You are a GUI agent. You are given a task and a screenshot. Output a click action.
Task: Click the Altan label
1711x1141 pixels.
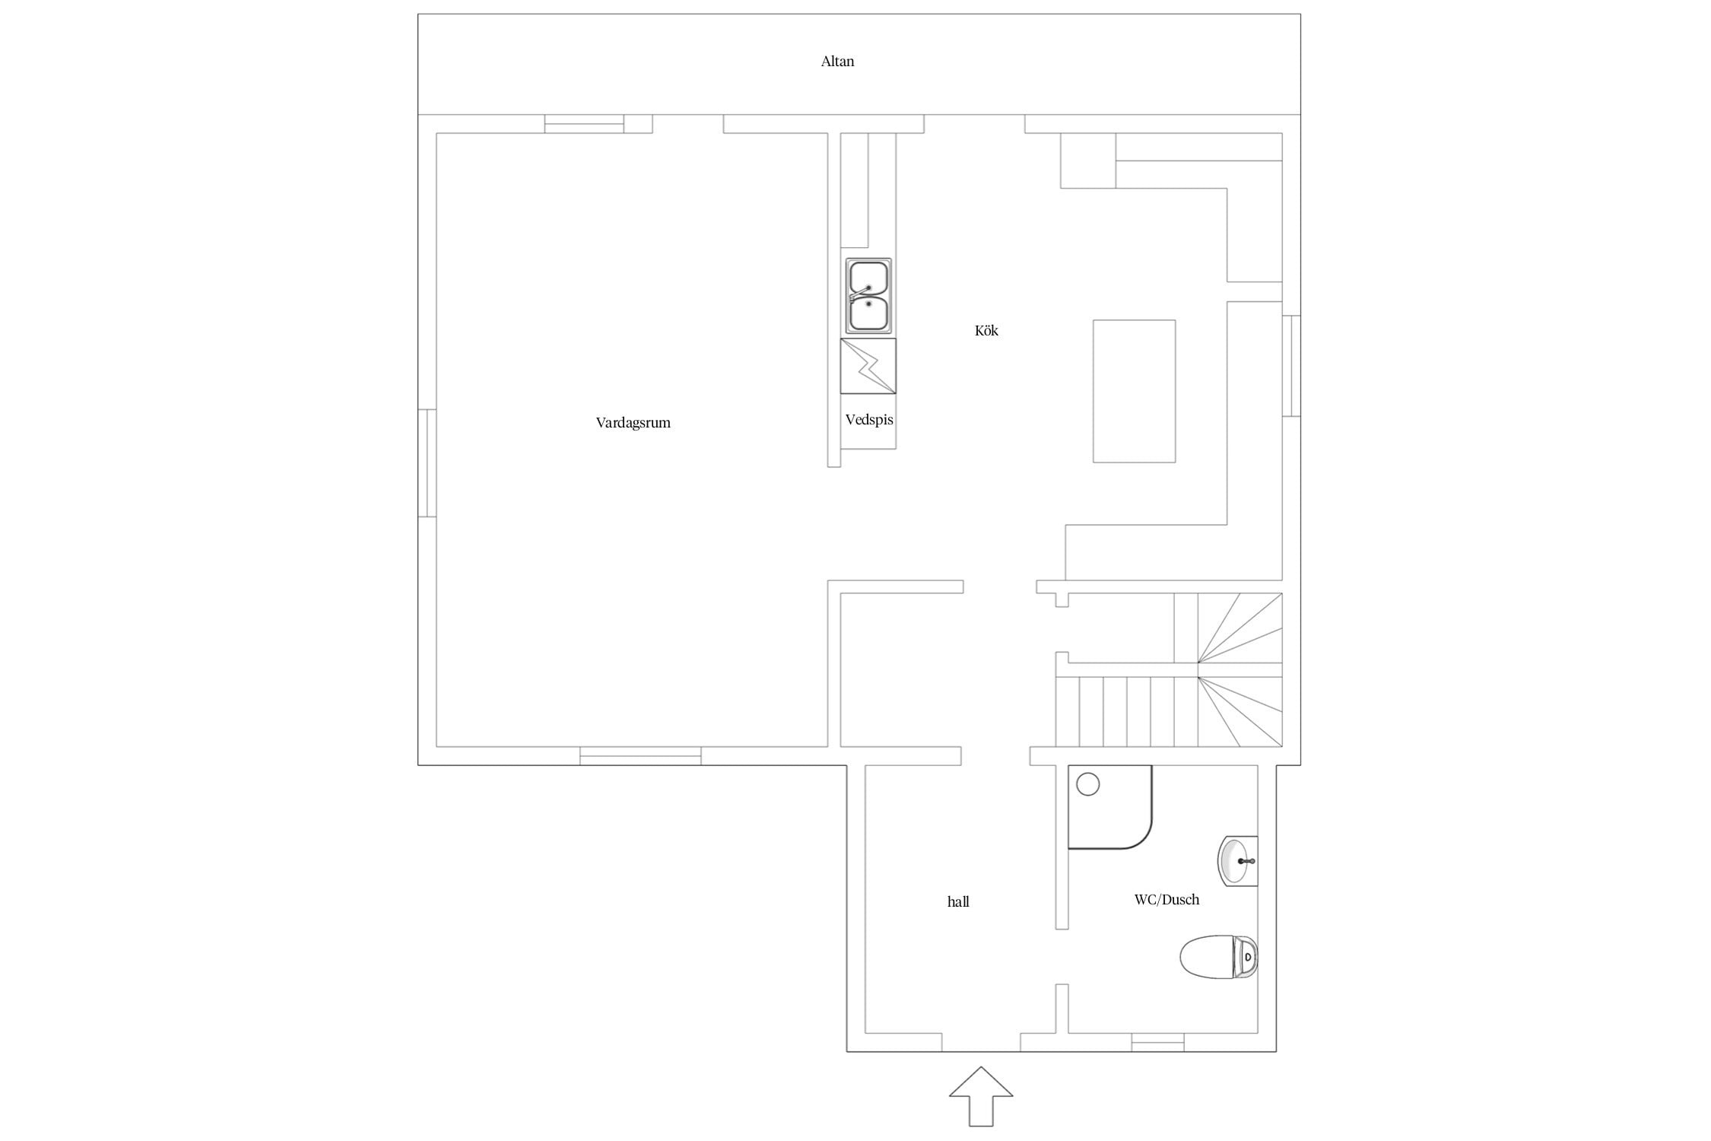click(837, 62)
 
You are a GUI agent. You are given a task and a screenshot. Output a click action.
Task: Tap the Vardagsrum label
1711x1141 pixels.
click(633, 423)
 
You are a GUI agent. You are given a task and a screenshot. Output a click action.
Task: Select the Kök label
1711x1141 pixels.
click(986, 330)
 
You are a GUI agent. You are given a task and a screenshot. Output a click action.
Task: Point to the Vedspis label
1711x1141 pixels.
click(869, 420)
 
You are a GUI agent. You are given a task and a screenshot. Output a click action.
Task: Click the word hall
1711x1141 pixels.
click(958, 901)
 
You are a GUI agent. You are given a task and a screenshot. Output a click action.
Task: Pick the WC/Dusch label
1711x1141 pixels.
click(1167, 900)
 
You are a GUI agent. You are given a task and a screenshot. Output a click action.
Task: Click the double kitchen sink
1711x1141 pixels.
click(868, 295)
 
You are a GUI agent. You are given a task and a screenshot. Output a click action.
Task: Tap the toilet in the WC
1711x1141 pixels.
click(1218, 956)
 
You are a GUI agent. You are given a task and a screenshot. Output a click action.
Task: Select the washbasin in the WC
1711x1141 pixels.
click(1238, 861)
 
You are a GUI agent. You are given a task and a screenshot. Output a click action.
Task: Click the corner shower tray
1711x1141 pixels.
click(1110, 807)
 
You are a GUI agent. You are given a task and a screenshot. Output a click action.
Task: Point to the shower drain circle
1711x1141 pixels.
click(1088, 784)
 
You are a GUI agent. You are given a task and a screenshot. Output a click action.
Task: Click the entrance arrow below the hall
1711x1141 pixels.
click(981, 1097)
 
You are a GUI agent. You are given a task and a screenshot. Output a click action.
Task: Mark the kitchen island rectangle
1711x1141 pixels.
click(1134, 391)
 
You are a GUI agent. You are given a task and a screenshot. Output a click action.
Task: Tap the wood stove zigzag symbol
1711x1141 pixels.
click(868, 366)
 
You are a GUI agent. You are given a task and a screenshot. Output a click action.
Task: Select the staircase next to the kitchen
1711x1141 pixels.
click(1169, 669)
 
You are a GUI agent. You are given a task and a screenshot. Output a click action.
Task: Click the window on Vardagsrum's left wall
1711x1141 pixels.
click(427, 463)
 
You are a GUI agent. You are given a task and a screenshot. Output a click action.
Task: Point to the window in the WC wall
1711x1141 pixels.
click(1157, 1042)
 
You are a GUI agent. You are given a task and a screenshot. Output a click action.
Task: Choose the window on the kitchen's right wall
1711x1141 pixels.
click(1291, 366)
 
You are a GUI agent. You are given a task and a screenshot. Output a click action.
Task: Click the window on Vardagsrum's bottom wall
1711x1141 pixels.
click(640, 755)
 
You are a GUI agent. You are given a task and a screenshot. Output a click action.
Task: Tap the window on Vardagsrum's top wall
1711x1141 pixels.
click(584, 124)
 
